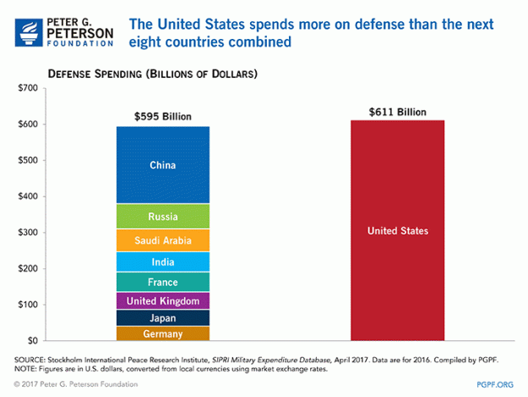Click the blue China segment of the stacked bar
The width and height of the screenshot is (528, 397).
[x=162, y=165]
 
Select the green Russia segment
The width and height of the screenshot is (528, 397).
[x=162, y=217]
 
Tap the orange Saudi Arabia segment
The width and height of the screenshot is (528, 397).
[x=162, y=240]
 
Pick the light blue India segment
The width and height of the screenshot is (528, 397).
[x=162, y=262]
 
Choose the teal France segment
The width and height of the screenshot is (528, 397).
[x=162, y=282]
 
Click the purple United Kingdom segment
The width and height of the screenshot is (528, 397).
[x=162, y=301]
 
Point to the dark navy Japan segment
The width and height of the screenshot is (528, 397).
[x=162, y=318]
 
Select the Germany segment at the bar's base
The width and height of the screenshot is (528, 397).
[x=162, y=334]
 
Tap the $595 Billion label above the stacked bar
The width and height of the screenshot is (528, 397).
[x=163, y=116]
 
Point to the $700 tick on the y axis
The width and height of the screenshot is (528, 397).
[x=26, y=88]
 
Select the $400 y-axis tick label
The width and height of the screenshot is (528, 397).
[x=26, y=196]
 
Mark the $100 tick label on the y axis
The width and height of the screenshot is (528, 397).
[x=26, y=305]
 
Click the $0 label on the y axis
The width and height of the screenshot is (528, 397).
[x=31, y=340]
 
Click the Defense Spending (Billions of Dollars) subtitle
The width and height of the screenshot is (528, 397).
[x=152, y=74]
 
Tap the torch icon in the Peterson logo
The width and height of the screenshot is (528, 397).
[x=25, y=26]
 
